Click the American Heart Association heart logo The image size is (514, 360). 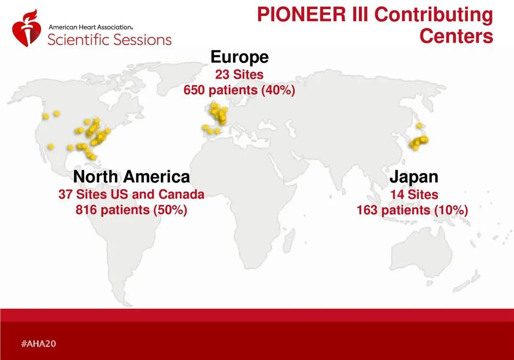tap(27, 29)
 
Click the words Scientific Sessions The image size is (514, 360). tap(109, 40)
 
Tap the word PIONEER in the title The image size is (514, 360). tap(301, 14)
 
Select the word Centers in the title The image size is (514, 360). tap(456, 35)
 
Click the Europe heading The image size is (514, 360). tap(240, 57)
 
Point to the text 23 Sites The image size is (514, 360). tap(240, 75)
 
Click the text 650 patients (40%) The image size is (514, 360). tap(240, 90)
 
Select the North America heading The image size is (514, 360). tap(132, 177)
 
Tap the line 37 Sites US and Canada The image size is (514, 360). tap(132, 194)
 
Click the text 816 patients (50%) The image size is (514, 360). tap(132, 210)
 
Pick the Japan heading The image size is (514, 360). tap(414, 177)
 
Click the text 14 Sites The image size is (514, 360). tap(414, 194)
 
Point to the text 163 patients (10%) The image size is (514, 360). tap(412, 210)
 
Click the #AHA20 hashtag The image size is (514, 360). tap(39, 344)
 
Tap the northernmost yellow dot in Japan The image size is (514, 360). tap(419, 125)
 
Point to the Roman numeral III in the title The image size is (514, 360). tap(360, 14)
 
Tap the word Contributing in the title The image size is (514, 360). tap(433, 15)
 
